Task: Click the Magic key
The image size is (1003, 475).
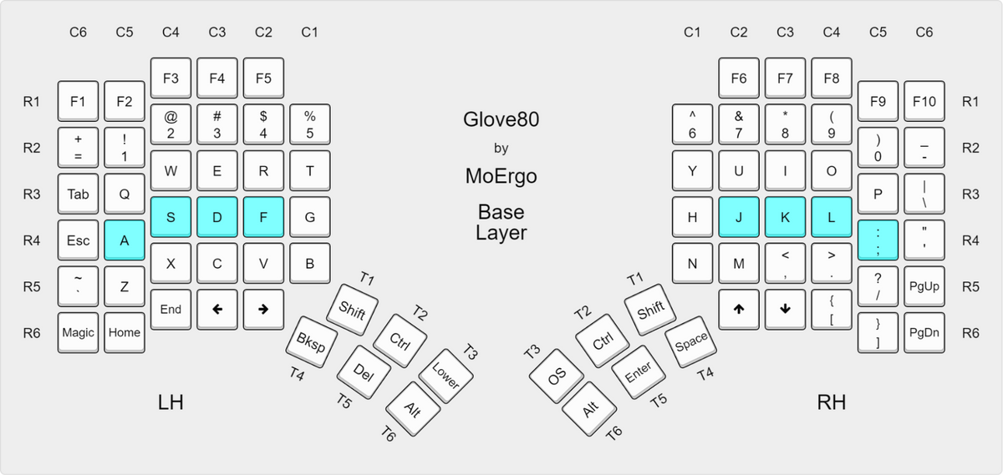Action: click(78, 332)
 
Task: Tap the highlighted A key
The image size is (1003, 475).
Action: click(125, 240)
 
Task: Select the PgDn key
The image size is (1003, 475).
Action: click(924, 332)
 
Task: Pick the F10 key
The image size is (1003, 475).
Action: click(924, 101)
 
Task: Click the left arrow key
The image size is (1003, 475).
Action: click(217, 309)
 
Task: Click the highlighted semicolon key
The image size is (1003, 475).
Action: click(878, 240)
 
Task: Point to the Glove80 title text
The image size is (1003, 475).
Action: click(501, 119)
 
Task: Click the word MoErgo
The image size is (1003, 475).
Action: click(501, 176)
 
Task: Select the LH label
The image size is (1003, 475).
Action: click(171, 402)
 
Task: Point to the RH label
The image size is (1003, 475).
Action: click(831, 402)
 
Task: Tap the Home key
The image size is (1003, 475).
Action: click(125, 332)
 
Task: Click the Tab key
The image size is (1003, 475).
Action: click(78, 194)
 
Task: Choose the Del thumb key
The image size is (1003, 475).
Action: click(363, 372)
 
